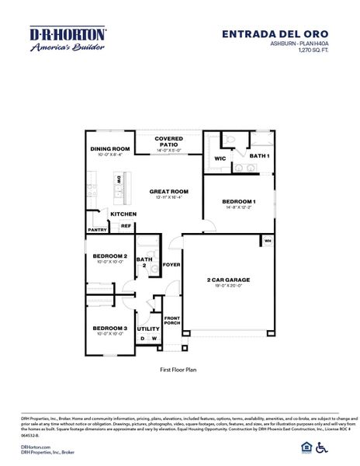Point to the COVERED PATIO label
[x=168, y=141]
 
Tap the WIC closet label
[x=220, y=158]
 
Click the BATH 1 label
[x=259, y=156]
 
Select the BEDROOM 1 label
[x=239, y=202]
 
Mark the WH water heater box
[x=268, y=240]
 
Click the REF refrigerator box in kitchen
[x=126, y=226]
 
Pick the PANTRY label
[x=97, y=230]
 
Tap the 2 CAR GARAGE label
[x=228, y=279]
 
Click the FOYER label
[x=171, y=264]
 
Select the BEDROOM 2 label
[x=109, y=256]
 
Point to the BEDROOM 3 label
[x=109, y=329]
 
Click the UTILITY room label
[x=148, y=329]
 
